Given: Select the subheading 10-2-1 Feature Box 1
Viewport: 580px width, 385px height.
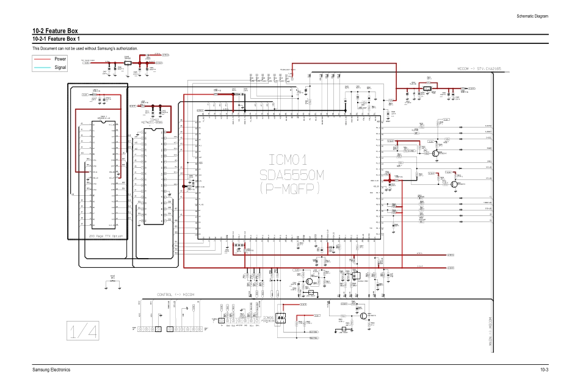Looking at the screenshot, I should click(x=60, y=40).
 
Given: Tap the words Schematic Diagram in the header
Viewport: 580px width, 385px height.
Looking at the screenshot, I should click(x=529, y=16).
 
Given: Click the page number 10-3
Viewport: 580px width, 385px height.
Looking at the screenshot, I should click(x=544, y=370).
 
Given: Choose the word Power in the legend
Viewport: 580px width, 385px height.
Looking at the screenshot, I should click(x=60, y=59).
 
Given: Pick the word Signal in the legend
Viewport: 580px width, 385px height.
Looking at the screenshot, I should click(x=60, y=67).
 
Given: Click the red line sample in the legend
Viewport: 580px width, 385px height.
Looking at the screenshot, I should click(x=43, y=59).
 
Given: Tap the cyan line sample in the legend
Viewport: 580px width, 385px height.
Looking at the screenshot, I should click(x=43, y=67).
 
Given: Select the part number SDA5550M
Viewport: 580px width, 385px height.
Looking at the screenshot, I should click(x=285, y=168).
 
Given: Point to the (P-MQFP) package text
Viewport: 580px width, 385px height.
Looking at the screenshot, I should click(x=285, y=187).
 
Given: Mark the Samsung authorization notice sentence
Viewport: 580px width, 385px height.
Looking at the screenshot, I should click(x=85, y=48).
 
